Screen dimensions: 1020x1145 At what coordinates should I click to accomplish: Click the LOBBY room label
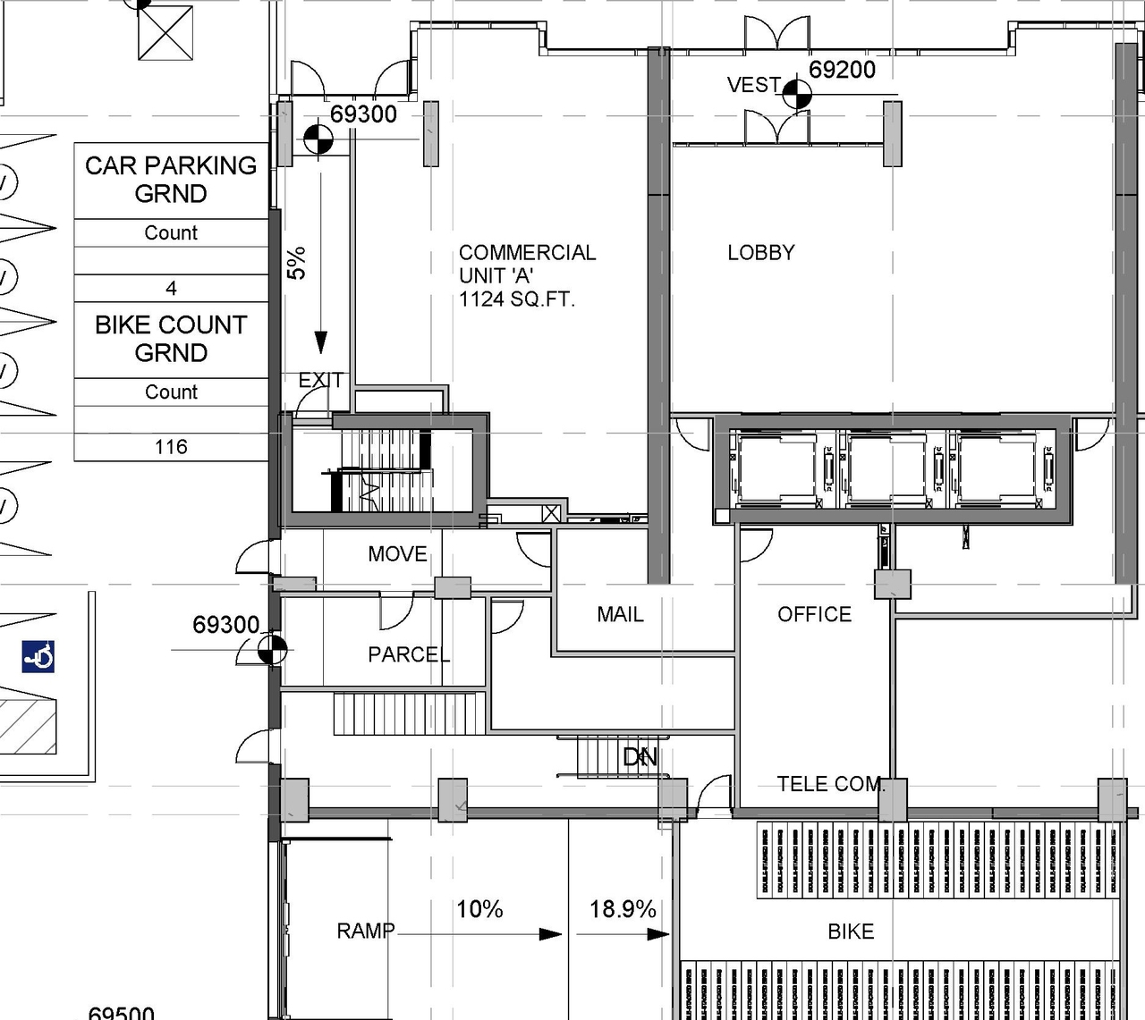pos(760,253)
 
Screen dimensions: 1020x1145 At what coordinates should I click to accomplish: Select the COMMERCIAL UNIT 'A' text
pos(526,275)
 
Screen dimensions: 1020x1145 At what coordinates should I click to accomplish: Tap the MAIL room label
pos(620,615)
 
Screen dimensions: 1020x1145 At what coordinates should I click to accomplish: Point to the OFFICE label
pos(814,615)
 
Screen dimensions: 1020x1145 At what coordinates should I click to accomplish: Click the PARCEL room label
pos(409,655)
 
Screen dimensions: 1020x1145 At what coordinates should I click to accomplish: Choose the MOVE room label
pos(397,554)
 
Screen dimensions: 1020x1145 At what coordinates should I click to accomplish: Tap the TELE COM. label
pos(830,785)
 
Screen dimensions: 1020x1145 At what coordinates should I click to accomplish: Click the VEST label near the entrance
pos(754,85)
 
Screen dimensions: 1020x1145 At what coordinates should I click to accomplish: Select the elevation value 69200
pos(842,70)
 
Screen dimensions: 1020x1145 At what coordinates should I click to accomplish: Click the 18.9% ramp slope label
pos(623,909)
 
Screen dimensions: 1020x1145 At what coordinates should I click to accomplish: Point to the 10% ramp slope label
pos(479,909)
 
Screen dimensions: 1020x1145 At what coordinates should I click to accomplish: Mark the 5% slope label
pos(297,263)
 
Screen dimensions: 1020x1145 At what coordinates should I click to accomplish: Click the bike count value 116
pos(171,447)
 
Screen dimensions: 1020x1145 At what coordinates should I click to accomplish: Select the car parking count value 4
pos(171,288)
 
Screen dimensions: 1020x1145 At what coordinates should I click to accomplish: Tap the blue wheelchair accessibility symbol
pos(38,657)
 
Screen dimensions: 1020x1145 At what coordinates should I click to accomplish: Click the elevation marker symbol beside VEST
pos(797,94)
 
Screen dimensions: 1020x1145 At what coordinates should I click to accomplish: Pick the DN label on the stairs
pos(640,758)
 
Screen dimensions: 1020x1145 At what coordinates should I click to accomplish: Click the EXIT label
pos(320,381)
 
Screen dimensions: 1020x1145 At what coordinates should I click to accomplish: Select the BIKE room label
pos(850,931)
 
